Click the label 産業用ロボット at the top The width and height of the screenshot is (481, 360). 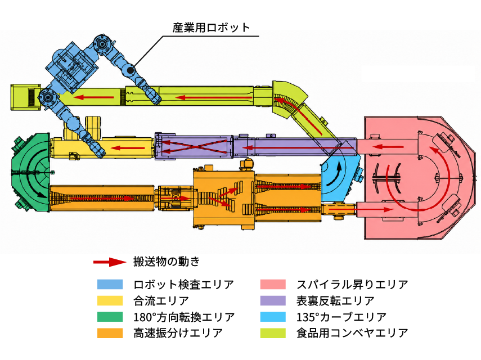(x=211, y=28)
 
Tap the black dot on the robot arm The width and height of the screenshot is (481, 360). (x=131, y=70)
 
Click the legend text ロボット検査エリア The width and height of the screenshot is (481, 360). (x=183, y=285)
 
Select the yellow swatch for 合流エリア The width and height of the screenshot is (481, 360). (x=110, y=300)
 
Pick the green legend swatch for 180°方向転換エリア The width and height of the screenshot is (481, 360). (x=110, y=317)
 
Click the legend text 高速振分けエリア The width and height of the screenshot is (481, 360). (x=178, y=332)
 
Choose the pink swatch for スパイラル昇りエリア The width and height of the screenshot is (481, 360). (x=273, y=284)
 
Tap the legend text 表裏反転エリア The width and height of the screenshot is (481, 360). (x=335, y=301)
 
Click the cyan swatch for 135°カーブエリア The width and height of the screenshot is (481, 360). (x=273, y=317)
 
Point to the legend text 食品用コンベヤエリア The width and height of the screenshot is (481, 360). (x=352, y=332)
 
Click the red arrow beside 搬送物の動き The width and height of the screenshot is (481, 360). (x=110, y=262)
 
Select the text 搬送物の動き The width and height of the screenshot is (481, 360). (x=167, y=262)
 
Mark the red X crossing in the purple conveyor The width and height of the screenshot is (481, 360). (x=195, y=146)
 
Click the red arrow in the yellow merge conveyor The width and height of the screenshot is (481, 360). (x=128, y=148)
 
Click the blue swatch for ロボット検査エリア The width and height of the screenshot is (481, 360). (x=110, y=284)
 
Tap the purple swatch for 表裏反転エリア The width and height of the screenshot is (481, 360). (x=273, y=300)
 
